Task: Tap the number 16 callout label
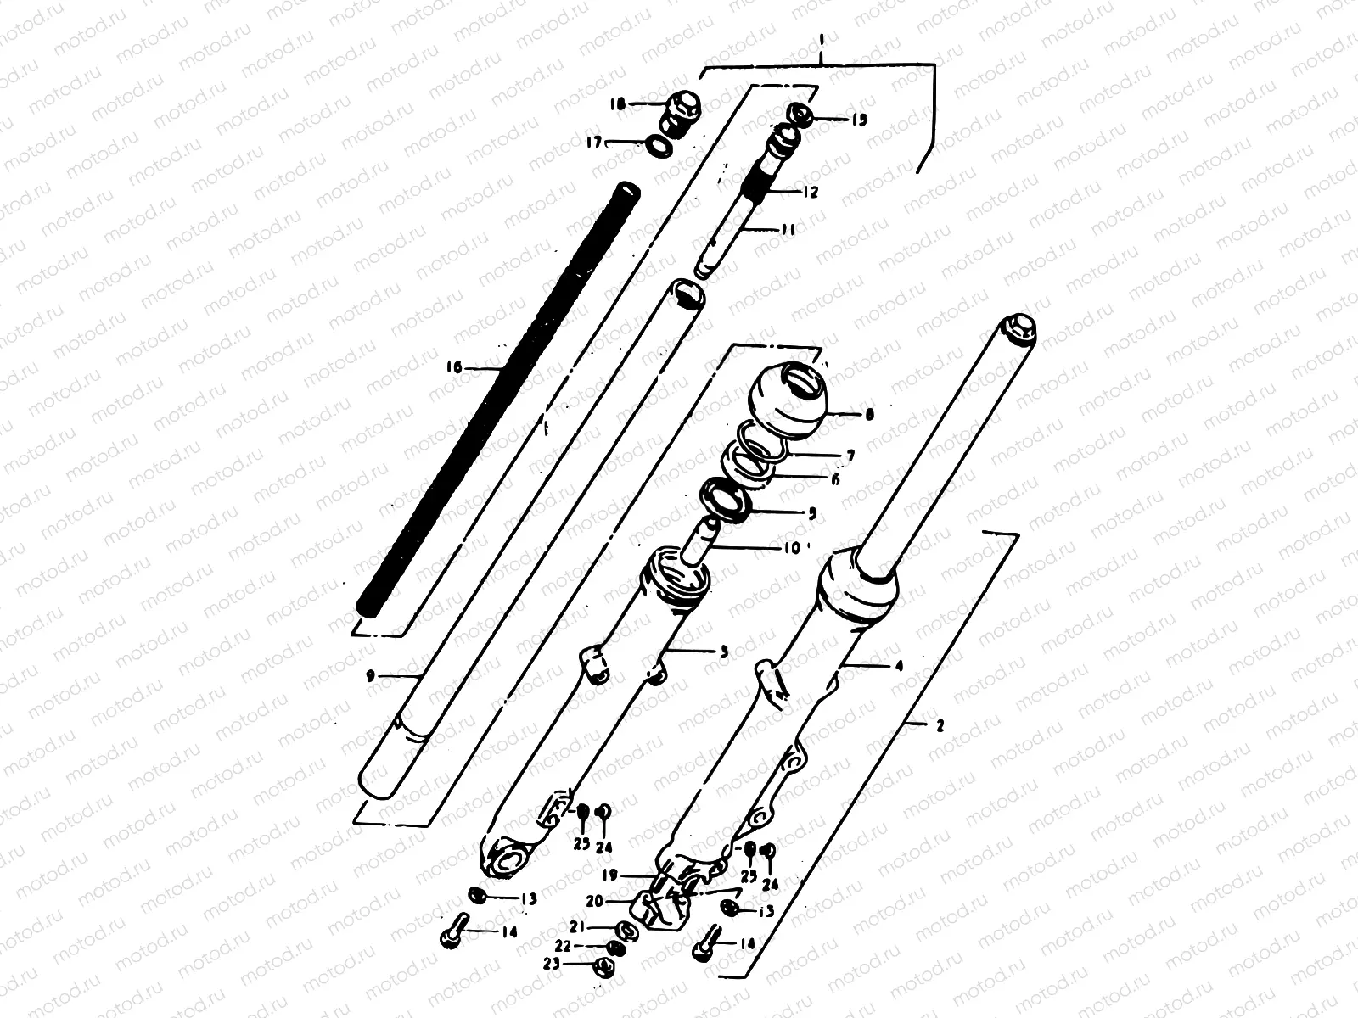(454, 367)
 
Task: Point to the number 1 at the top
(822, 38)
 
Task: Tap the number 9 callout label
(369, 676)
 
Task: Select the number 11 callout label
(788, 229)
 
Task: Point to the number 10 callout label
(791, 547)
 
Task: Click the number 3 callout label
(723, 652)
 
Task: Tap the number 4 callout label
(898, 666)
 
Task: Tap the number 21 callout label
(598, 928)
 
